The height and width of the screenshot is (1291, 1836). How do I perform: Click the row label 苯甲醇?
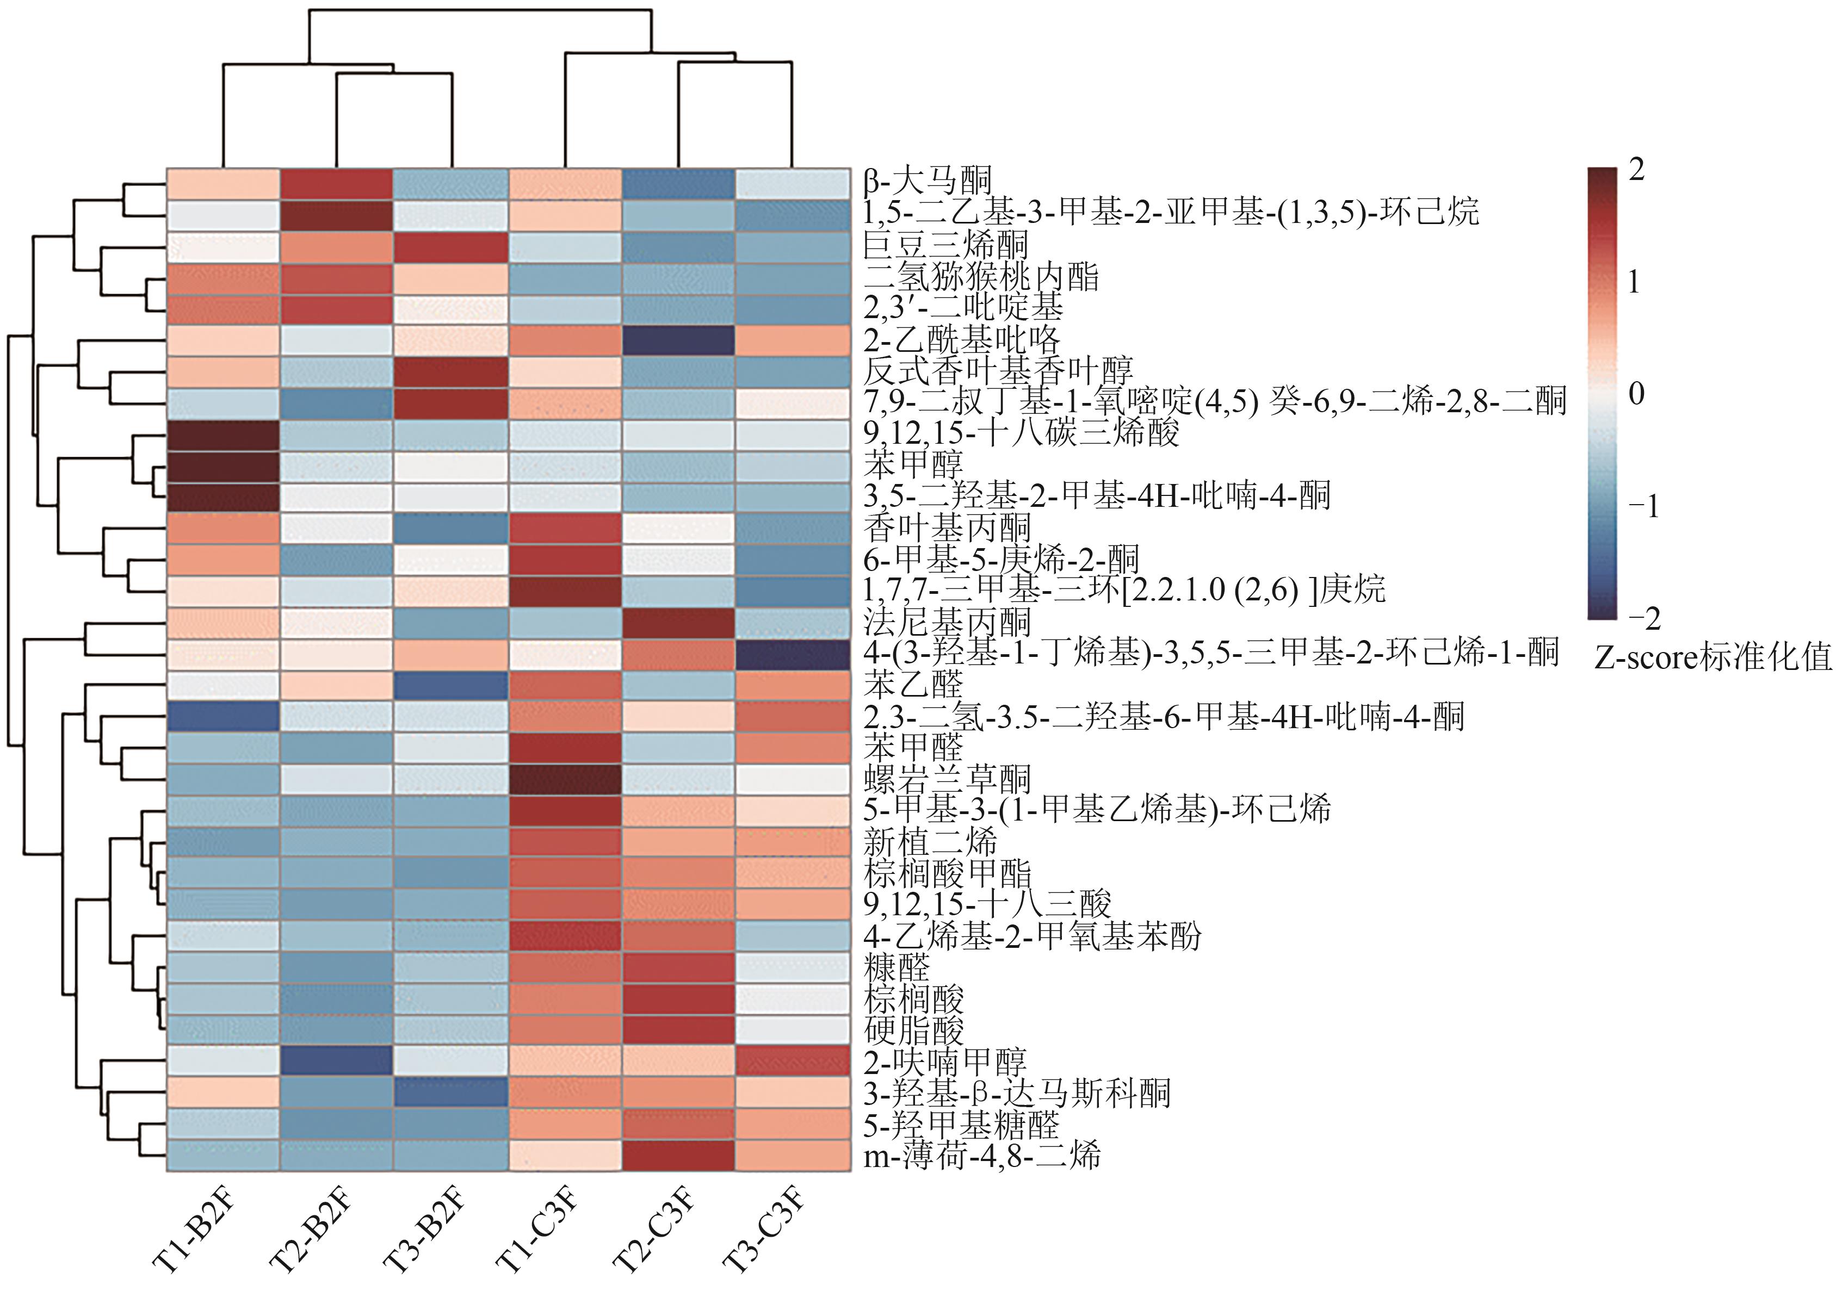coord(913,464)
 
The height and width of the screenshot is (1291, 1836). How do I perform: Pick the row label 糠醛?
coord(897,967)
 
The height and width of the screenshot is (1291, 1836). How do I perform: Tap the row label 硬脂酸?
coord(914,1031)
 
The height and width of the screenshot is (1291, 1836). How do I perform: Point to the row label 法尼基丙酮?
coord(948,622)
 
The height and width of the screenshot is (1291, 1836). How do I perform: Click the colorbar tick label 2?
coord(1636,170)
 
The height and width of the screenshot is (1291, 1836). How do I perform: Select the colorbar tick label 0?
coord(1636,393)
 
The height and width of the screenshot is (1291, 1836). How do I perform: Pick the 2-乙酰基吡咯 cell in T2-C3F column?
coord(679,340)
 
